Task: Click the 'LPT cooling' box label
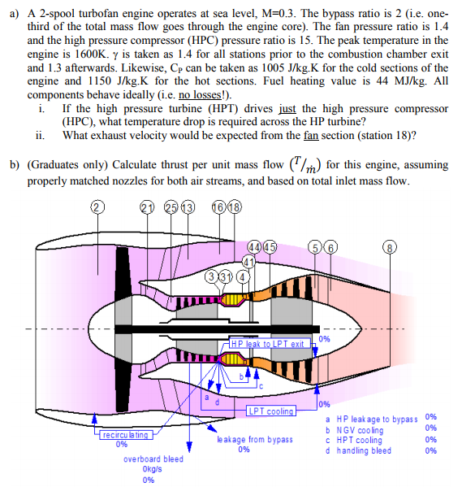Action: [x=270, y=411]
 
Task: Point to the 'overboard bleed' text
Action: [x=153, y=459]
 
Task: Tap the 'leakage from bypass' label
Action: [x=244, y=439]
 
